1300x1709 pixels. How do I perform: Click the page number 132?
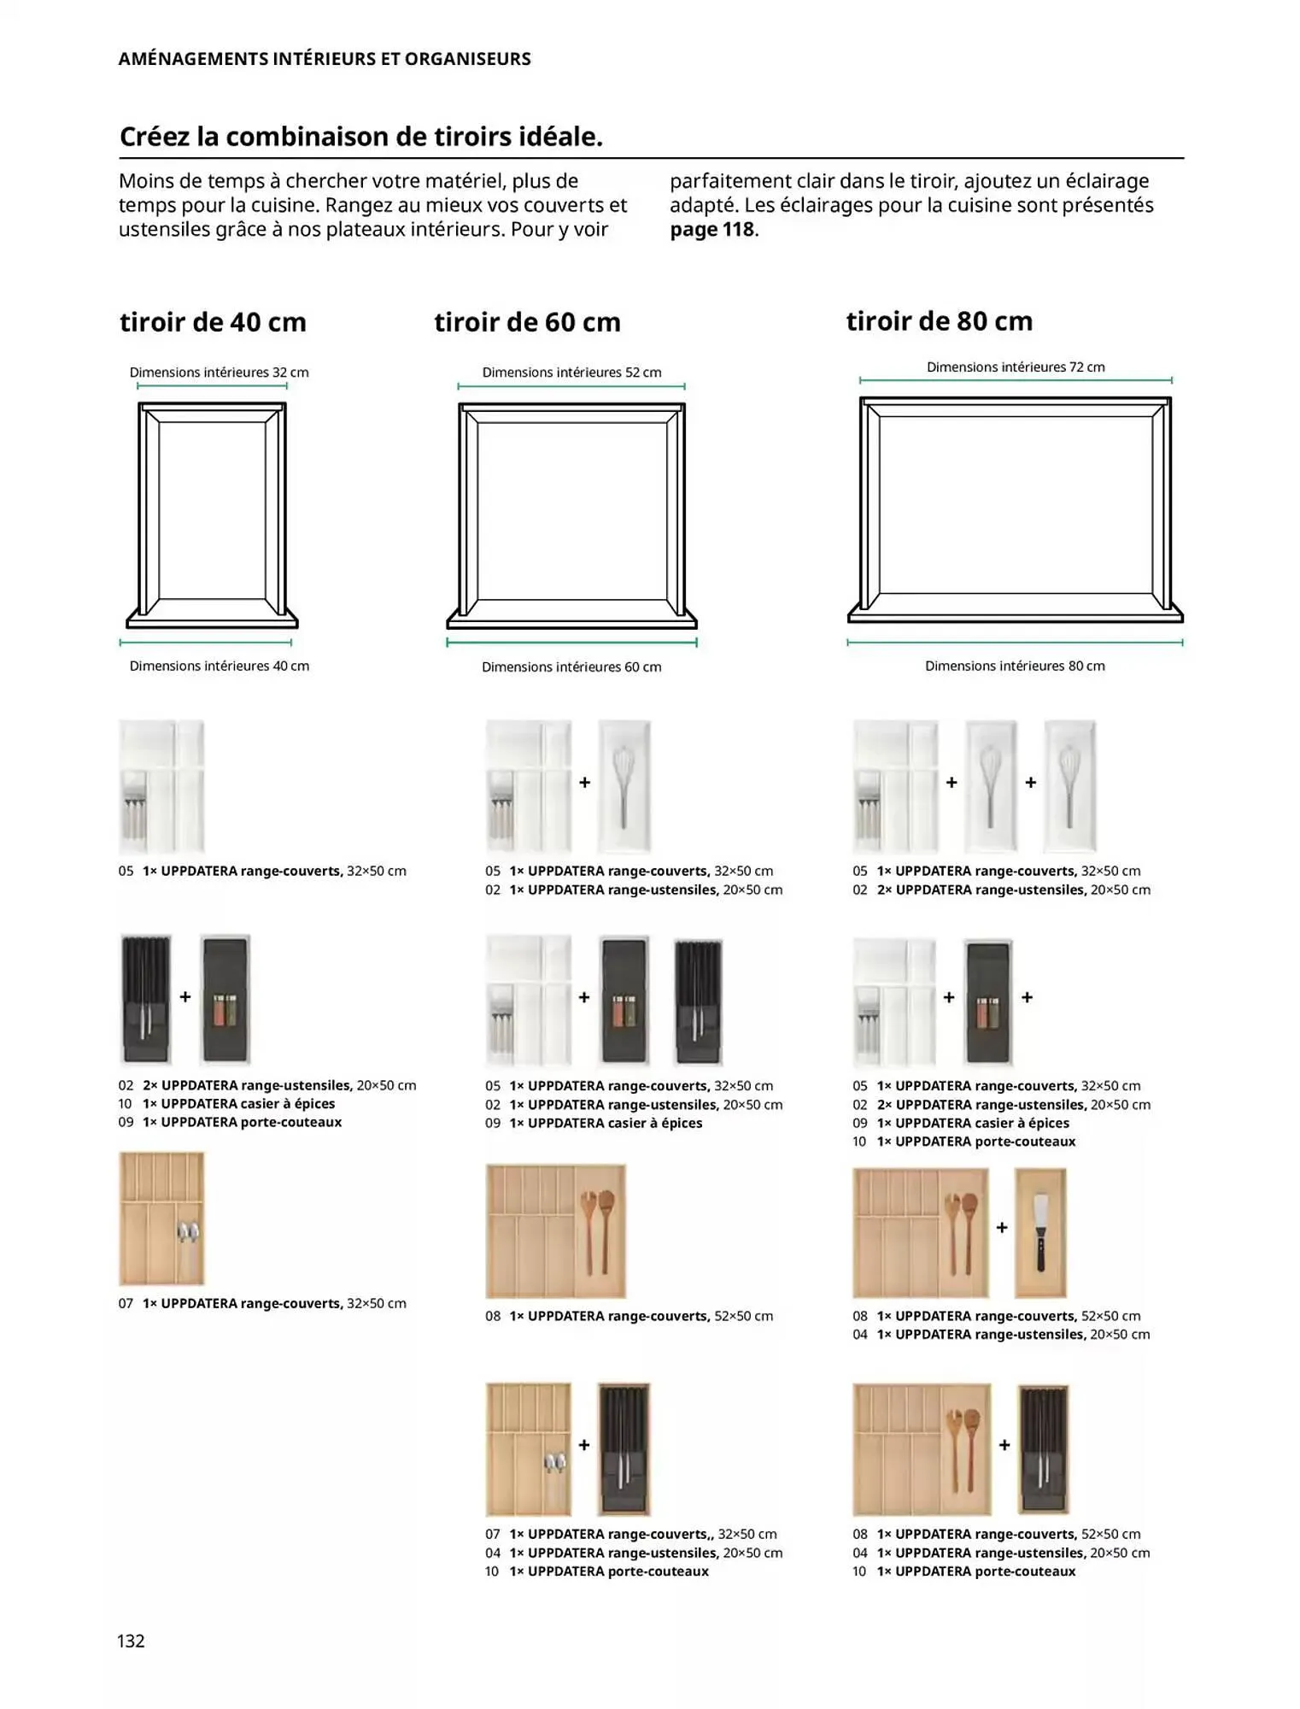pyautogui.click(x=131, y=1641)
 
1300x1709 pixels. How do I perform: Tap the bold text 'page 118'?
pyautogui.click(x=712, y=230)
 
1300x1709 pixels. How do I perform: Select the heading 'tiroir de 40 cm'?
pyautogui.click(x=213, y=322)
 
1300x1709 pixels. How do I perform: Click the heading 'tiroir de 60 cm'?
pyautogui.click(x=527, y=322)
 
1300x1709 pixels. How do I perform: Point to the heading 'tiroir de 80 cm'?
pyautogui.click(x=939, y=321)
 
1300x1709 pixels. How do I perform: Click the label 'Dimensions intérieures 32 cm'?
pyautogui.click(x=219, y=373)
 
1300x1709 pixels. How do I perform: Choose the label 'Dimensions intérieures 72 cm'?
pyautogui.click(x=1015, y=367)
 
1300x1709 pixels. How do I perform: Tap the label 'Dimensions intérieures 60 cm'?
pyautogui.click(x=571, y=667)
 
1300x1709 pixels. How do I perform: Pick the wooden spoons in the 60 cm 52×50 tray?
pyautogui.click(x=597, y=1230)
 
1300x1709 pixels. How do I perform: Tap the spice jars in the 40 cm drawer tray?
pyautogui.click(x=225, y=1009)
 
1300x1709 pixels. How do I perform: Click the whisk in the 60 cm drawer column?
pyautogui.click(x=624, y=785)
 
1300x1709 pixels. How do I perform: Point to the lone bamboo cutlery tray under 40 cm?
pyautogui.click(x=161, y=1218)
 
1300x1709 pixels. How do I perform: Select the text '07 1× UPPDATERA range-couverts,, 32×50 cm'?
pyautogui.click(x=630, y=1534)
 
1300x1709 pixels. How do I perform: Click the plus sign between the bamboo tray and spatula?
pyautogui.click(x=1002, y=1227)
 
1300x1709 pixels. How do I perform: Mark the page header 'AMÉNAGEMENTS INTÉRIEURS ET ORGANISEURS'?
pyautogui.click(x=325, y=59)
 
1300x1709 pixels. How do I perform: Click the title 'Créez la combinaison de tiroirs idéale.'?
pyautogui.click(x=361, y=137)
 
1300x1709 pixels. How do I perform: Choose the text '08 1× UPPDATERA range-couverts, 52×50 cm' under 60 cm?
pyautogui.click(x=629, y=1316)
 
